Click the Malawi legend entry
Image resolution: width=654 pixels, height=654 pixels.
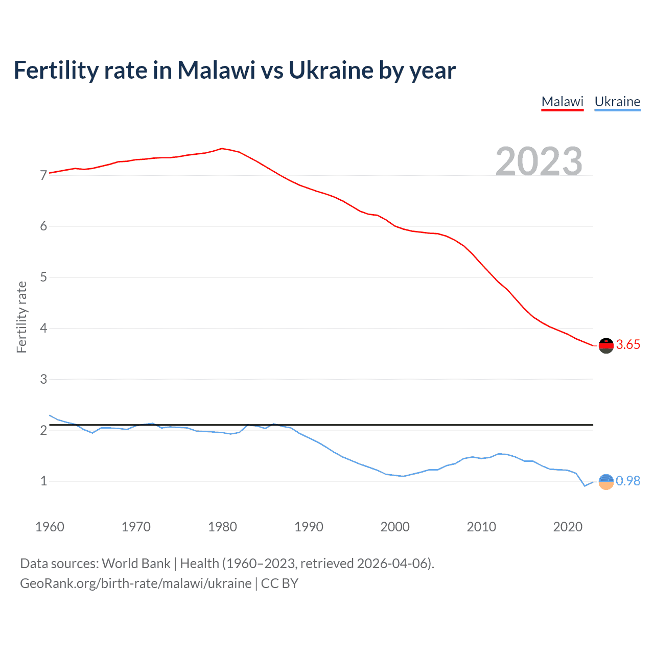(562, 102)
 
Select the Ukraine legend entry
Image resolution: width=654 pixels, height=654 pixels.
(617, 102)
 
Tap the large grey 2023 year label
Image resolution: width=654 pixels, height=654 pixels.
(539, 161)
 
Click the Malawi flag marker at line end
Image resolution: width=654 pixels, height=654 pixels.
(606, 346)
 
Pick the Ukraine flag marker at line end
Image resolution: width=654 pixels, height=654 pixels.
(606, 481)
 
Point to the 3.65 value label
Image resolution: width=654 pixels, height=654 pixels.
(628, 345)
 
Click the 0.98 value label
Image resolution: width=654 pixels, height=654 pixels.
(628, 481)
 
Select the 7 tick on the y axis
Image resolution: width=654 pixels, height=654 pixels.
(43, 176)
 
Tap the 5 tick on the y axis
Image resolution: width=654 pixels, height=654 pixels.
(43, 277)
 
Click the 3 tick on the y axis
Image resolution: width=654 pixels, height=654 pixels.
(43, 379)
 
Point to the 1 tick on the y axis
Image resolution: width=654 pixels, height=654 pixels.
(43, 481)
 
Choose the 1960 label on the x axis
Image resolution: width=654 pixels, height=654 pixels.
(50, 527)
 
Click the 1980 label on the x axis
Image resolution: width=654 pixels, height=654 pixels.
(222, 527)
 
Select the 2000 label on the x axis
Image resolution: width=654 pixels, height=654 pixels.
(395, 527)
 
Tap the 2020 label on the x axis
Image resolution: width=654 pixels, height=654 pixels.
(568, 527)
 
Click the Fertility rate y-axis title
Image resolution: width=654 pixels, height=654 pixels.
(21, 317)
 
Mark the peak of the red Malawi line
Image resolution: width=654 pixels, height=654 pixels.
(222, 149)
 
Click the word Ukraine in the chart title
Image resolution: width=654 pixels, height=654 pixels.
(331, 71)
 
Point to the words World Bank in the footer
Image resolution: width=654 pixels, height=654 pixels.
(136, 564)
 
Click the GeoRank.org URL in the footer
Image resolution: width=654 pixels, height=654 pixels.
(135, 583)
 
